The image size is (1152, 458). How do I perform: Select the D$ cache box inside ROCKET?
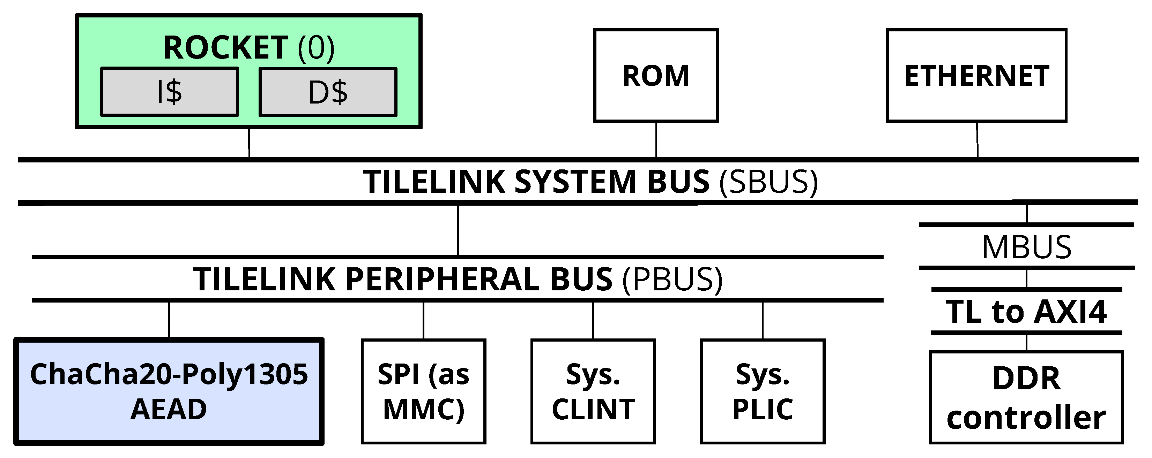click(328, 92)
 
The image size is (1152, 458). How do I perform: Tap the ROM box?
click(656, 76)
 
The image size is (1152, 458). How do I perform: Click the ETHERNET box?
click(977, 76)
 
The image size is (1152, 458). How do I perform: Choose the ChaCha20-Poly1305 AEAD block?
click(169, 391)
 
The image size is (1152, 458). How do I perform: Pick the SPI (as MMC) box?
click(424, 391)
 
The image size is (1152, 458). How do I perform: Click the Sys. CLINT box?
click(593, 391)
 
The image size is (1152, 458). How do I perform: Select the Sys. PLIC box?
click(763, 391)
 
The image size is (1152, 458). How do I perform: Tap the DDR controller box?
click(1026, 397)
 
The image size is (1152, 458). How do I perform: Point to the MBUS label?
click(1027, 247)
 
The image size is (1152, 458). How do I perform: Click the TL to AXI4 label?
click(1026, 312)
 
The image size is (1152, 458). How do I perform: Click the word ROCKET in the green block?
click(226, 47)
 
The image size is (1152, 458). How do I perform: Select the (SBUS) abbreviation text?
click(768, 182)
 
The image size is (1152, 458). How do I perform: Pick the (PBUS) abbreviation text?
click(672, 280)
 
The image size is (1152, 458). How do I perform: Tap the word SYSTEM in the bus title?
click(575, 182)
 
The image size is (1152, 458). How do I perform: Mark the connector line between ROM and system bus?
click(656, 139)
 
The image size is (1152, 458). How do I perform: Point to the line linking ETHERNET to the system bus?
click(977, 139)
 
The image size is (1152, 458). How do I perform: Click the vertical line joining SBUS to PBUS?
click(458, 230)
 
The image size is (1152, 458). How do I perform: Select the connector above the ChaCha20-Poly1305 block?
click(169, 320)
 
